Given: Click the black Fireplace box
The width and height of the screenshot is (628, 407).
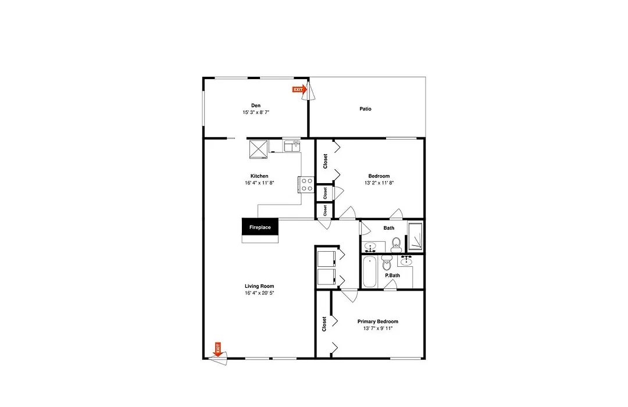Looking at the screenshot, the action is [260, 227].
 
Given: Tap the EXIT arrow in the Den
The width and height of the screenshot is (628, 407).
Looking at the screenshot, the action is [299, 90].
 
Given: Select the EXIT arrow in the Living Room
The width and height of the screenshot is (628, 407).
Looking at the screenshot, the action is [217, 349].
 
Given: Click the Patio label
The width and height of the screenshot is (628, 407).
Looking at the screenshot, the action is [365, 109].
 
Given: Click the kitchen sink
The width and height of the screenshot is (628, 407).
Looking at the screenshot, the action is [292, 146].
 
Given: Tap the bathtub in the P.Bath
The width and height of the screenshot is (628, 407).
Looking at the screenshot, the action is [369, 272].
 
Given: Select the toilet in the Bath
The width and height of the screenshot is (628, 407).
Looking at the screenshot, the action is [396, 245].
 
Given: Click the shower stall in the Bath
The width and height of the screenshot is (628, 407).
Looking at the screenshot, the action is [415, 236].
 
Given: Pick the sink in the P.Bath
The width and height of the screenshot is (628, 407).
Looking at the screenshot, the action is [406, 261].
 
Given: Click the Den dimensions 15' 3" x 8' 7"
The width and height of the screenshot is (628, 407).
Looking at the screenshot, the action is [256, 112].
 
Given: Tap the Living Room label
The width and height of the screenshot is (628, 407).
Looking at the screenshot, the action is [259, 286].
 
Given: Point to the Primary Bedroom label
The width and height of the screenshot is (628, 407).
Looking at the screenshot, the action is [378, 322].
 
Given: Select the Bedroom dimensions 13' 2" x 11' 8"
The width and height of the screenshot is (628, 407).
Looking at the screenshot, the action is [379, 183].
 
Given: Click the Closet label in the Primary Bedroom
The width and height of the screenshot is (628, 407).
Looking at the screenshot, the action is [324, 324].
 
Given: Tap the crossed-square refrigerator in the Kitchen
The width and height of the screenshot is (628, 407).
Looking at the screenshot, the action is [258, 149].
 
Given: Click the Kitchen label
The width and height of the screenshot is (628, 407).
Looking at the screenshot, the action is [259, 176].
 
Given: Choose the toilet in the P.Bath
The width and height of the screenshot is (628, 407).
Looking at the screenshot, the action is [387, 263].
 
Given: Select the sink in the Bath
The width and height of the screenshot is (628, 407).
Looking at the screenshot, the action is [370, 247].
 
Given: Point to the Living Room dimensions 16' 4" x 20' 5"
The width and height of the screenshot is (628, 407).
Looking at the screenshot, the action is [259, 293].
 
